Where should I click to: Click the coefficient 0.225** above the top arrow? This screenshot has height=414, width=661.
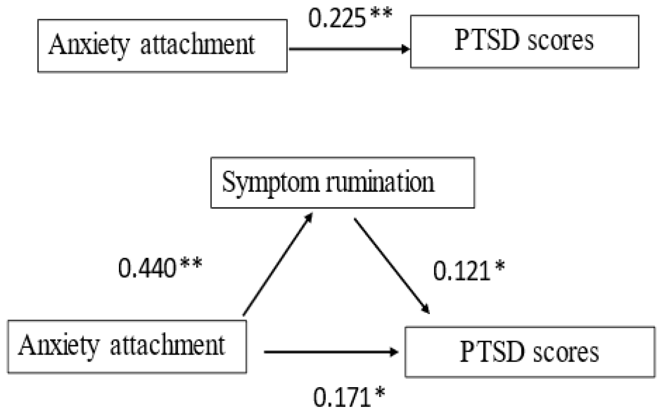pos(350,18)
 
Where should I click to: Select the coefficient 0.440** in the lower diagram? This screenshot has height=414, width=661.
pos(159,268)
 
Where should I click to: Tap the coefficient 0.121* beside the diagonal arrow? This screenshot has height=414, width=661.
pos(469,271)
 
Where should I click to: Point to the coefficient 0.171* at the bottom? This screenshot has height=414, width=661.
pos(349,397)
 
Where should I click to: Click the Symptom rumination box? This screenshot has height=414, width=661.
pos(342,183)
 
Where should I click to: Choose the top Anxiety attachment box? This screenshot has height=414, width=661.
pos(162,46)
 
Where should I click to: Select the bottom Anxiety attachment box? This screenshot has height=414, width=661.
pos(126,347)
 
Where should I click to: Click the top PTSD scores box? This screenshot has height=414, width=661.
pos(524,41)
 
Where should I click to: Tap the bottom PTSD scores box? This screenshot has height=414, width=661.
pos(529,352)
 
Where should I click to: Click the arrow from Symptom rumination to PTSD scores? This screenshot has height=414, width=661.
pos(392,265)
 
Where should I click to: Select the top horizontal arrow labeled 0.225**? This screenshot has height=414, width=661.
pos(349,49)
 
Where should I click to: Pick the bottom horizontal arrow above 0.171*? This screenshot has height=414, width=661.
pos(331,352)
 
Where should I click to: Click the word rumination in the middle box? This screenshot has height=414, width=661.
pos(380,182)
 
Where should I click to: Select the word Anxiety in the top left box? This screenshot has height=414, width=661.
pos(89,46)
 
